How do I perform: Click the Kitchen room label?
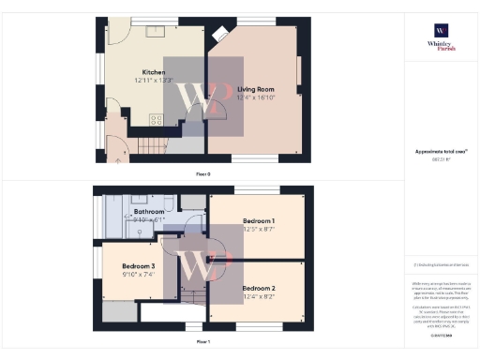pos(154,72)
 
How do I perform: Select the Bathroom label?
pos(149,212)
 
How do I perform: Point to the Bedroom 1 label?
pos(257,219)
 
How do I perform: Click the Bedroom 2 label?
pos(258,288)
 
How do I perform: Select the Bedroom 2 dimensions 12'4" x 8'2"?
pos(258,295)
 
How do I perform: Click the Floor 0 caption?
pos(202,174)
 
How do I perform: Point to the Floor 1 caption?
pos(202,342)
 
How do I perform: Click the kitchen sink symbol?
pos(155,32)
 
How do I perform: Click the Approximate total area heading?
pos(441,151)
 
